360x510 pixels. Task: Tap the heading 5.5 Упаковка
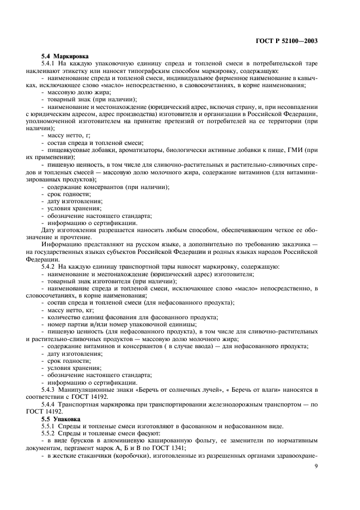[x=61, y=419]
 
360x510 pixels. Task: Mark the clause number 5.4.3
[x=50, y=390]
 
